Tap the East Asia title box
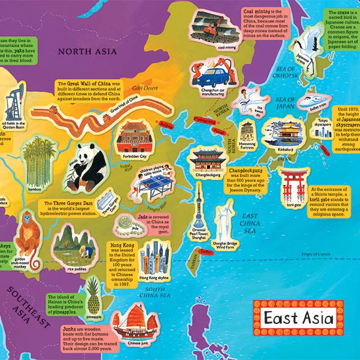pyautogui.click(x=298, y=318)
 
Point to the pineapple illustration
pyautogui.click(x=94, y=296)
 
